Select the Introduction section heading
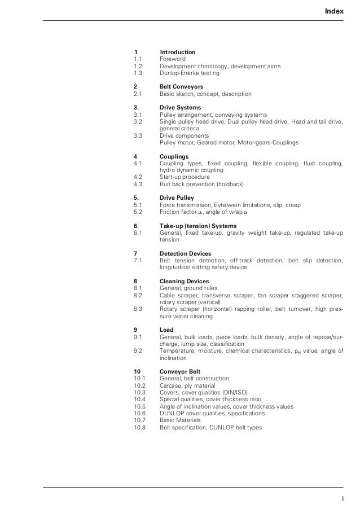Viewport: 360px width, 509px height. (x=178, y=52)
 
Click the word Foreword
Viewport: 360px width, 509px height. (x=173, y=59)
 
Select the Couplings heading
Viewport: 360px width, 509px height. (x=174, y=156)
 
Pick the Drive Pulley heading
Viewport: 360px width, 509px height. (x=177, y=198)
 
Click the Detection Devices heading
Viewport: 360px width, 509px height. (x=186, y=253)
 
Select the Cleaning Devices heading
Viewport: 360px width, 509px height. (x=185, y=281)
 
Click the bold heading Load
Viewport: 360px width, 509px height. (x=166, y=330)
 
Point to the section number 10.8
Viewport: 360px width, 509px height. (x=140, y=427)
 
